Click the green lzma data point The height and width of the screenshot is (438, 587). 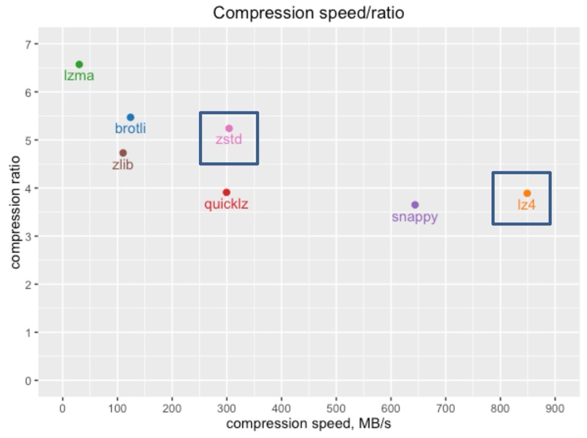(79, 64)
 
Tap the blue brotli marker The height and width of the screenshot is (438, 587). (130, 117)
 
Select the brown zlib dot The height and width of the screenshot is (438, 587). (123, 153)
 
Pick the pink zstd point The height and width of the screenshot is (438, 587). (229, 128)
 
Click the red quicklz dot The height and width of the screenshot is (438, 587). (227, 192)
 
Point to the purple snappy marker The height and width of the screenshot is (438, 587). (415, 204)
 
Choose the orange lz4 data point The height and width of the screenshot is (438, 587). (527, 193)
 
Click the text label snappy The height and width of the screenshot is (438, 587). (415, 217)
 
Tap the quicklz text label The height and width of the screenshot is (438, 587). (226, 204)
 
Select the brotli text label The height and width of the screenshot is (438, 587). (130, 129)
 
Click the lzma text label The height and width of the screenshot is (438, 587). (79, 76)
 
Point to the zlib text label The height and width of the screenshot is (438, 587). (123, 165)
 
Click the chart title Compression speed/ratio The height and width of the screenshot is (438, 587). (308, 13)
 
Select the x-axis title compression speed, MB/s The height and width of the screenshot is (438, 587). (308, 424)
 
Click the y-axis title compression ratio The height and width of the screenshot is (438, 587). (15, 212)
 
